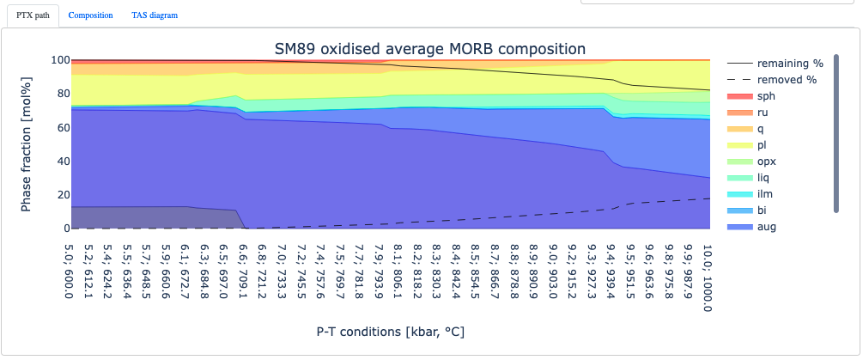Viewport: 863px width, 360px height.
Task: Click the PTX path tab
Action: (x=33, y=15)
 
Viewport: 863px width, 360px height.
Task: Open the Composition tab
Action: (x=90, y=15)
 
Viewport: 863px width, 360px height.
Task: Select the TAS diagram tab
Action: (x=155, y=15)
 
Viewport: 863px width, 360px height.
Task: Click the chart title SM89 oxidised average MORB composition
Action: (x=429, y=49)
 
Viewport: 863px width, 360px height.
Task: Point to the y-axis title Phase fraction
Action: (x=27, y=143)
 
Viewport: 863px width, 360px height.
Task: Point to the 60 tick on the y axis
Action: (x=62, y=127)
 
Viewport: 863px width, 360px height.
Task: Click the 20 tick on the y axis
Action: (x=62, y=195)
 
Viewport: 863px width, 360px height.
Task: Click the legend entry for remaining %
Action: (x=775, y=64)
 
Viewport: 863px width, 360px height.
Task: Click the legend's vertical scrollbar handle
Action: (x=836, y=133)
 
